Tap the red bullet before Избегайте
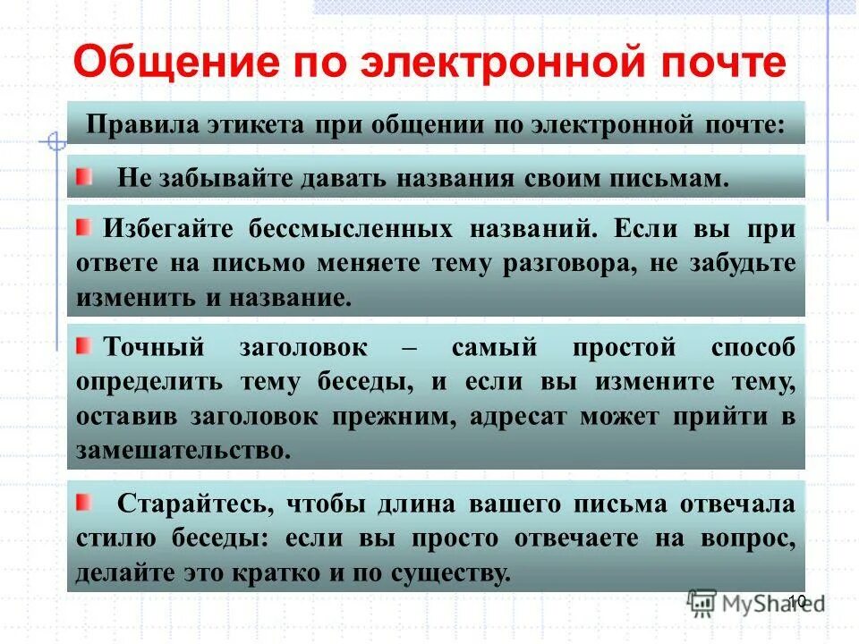click(x=83, y=228)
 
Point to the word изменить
click(x=132, y=298)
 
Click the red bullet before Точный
click(x=83, y=347)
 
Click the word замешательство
click(x=183, y=449)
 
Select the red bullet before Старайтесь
click(x=83, y=504)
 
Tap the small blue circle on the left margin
click(x=55, y=141)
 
